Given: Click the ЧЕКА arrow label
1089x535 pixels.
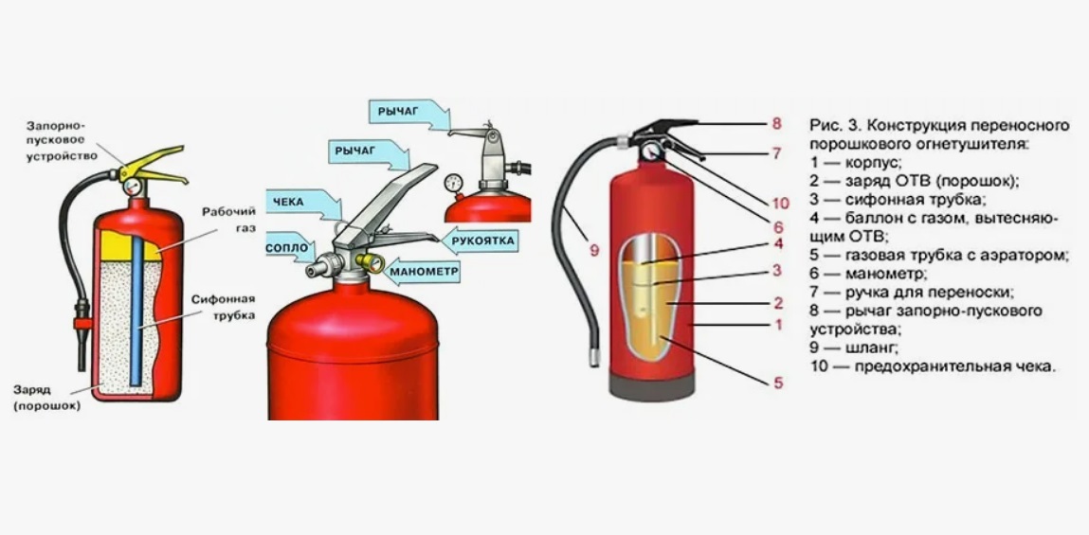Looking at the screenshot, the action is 303,204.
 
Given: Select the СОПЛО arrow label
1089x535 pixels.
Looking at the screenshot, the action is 290,248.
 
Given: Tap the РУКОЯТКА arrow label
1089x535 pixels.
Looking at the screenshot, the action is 479,241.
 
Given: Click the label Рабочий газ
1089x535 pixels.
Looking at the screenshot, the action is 230,219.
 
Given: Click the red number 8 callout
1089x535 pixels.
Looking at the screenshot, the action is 776,124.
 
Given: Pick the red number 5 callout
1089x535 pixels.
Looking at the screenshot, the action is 778,383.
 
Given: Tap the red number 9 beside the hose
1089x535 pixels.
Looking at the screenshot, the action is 594,250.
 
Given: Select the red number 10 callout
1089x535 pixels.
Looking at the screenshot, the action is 780,204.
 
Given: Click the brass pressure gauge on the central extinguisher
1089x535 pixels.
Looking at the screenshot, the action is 371,262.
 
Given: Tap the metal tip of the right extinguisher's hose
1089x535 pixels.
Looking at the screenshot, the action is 594,358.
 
